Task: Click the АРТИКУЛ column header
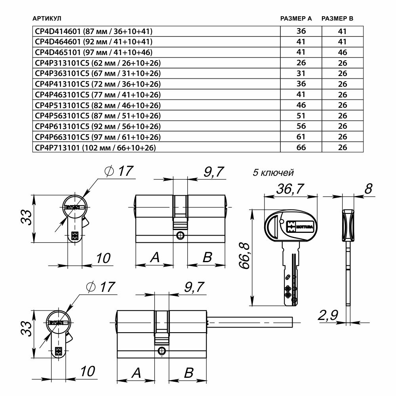[x=47, y=19]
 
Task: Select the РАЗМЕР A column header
[x=296, y=19]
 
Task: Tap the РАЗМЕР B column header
[x=337, y=19]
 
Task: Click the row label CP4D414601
[x=58, y=31]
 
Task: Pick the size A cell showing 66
[x=301, y=147]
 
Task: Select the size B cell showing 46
[x=343, y=52]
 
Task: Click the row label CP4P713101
[x=58, y=147]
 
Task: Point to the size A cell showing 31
[x=301, y=74]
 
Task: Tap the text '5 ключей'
[x=273, y=173]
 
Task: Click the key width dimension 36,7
[x=290, y=189]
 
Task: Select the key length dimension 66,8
[x=246, y=257]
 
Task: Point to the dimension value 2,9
[x=327, y=316]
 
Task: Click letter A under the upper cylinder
[x=155, y=258]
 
